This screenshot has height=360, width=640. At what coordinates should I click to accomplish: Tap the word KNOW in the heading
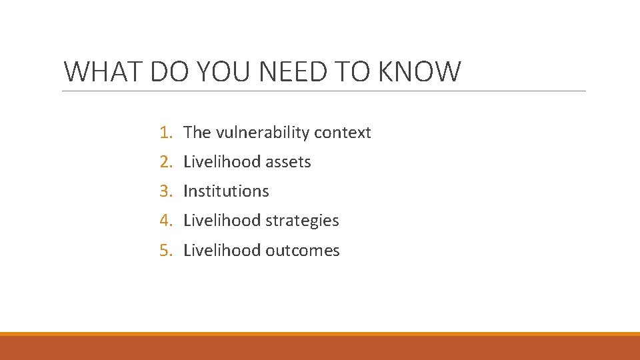point(420,72)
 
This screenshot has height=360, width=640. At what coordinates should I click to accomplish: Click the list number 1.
point(166,133)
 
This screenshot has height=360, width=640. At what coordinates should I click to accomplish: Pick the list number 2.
point(166,162)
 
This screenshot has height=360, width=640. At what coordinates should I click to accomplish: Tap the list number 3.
point(166,191)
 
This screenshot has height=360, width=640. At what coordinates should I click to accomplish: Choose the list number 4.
point(166,221)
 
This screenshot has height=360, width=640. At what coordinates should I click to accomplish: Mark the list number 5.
point(166,251)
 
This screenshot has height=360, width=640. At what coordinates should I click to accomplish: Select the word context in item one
point(343,133)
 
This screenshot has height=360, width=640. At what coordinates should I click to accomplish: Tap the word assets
point(288,162)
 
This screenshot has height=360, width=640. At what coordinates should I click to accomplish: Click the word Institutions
point(226,191)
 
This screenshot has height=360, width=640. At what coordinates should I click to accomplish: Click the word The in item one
point(197,133)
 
